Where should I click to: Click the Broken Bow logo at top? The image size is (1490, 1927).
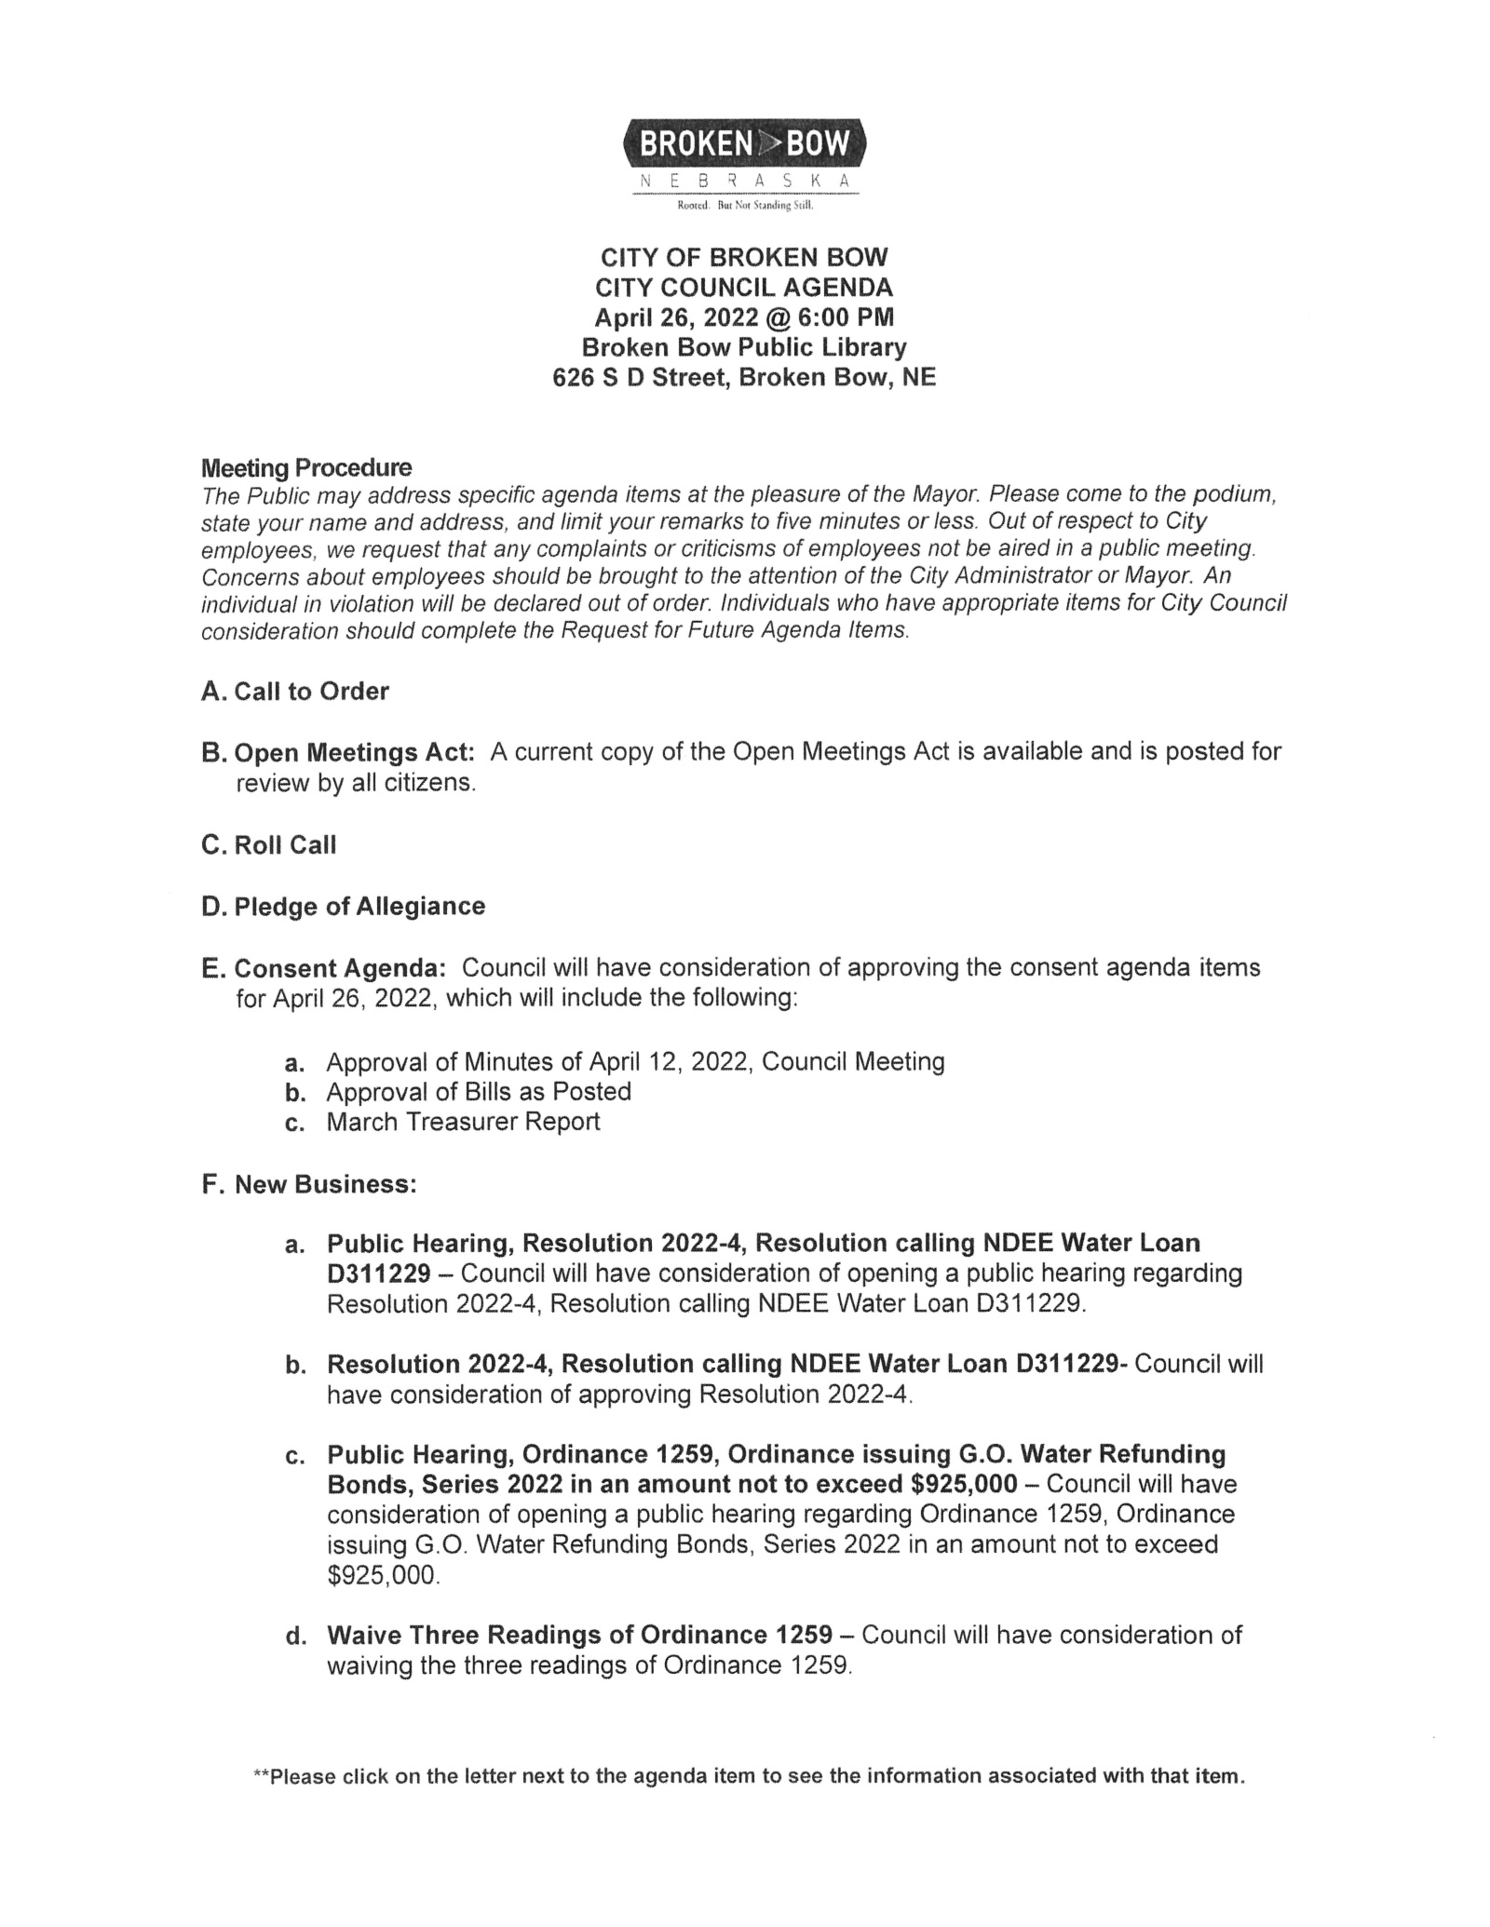744,143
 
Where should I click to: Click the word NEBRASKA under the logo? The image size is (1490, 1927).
744,182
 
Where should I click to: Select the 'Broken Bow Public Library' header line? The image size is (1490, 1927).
744,347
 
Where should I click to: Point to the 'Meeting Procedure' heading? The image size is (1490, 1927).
306,466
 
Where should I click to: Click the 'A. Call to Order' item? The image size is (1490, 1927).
295,691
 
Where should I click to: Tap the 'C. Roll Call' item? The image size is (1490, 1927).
269,844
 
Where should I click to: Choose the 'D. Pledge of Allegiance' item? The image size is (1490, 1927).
344,906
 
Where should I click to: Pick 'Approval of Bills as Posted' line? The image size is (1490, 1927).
478,1091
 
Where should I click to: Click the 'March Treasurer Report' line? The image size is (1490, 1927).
463,1121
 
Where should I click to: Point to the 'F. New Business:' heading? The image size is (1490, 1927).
309,1184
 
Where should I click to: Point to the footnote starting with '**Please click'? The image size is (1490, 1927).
749,1775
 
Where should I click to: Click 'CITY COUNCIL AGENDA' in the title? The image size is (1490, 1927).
744,287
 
